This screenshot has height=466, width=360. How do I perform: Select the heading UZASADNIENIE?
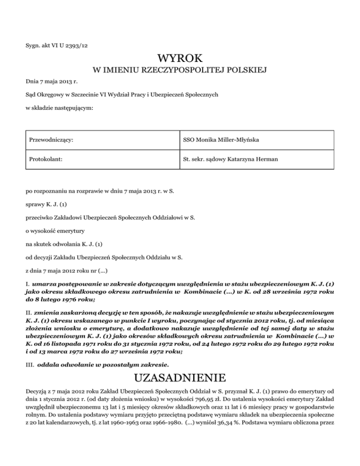click(x=180, y=377)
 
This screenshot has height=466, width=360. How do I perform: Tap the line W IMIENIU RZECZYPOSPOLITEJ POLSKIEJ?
click(x=180, y=71)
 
